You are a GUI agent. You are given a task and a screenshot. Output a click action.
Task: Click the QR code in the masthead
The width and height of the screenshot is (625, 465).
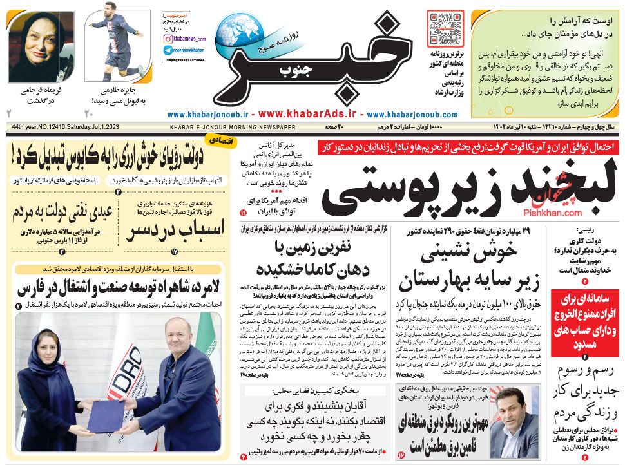445,26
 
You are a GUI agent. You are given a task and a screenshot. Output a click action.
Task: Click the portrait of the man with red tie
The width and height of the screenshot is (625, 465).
518,412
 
